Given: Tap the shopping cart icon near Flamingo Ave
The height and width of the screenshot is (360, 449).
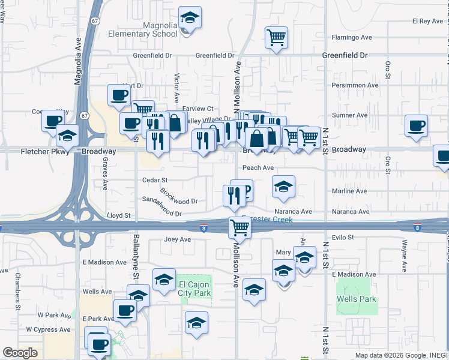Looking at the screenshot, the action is [276, 38].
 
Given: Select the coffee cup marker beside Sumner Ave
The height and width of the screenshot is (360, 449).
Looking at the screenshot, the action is [415, 126].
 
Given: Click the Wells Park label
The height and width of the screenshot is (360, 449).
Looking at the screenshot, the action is [356, 299].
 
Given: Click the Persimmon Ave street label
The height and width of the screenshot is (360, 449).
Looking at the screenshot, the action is [355, 85].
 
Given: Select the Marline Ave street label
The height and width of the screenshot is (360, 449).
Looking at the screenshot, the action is [349, 191].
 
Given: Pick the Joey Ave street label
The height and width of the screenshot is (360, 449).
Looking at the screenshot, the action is [177, 239].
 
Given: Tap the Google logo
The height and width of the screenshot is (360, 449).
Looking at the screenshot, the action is [20, 353].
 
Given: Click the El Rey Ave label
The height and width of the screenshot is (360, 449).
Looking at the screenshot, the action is [427, 21].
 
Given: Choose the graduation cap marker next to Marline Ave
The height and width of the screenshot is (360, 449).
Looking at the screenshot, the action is [283, 187].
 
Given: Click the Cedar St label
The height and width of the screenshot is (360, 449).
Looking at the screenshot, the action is [154, 180].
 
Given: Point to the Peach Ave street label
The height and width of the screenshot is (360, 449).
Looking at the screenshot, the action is [258, 167].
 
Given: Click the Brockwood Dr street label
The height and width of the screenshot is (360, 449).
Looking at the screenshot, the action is [178, 196].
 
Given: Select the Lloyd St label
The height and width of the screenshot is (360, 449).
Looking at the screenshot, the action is [118, 215].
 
